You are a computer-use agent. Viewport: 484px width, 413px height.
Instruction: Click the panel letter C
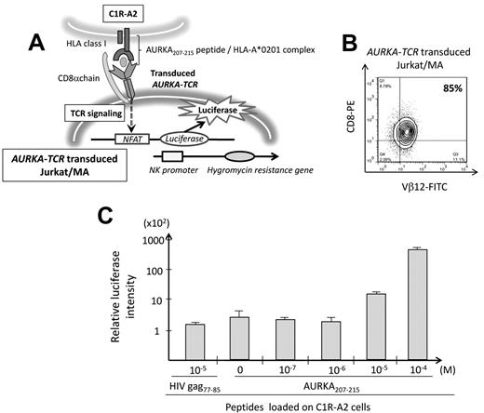pos(108,215)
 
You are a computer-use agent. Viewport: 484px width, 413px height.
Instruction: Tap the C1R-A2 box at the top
pos(128,13)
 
